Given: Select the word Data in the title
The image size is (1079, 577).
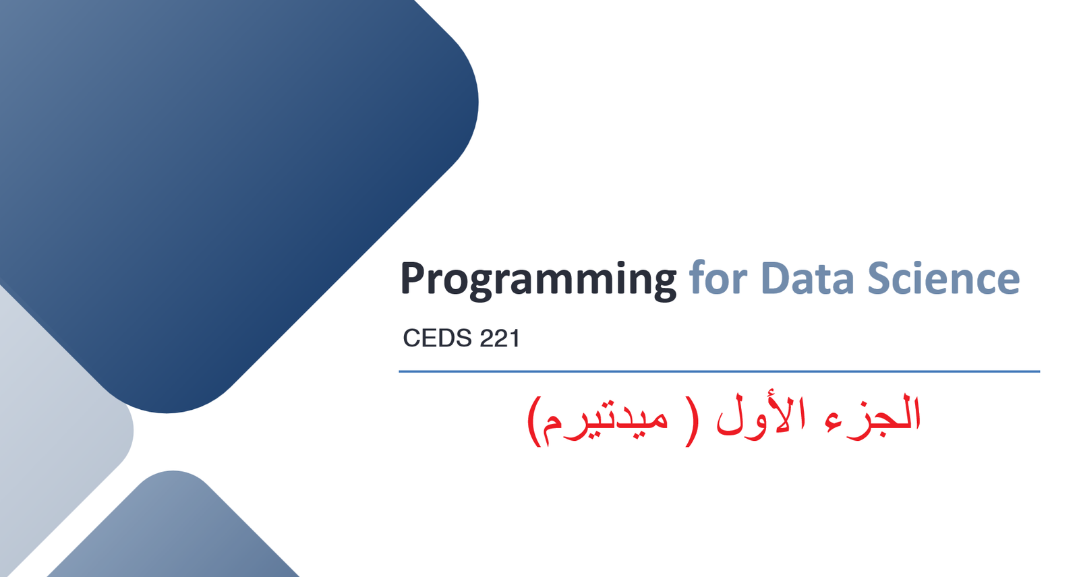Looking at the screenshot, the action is point(807,278).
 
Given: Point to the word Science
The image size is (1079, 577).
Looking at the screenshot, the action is point(943,277).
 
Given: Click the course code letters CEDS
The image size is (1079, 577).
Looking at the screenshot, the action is point(437,338).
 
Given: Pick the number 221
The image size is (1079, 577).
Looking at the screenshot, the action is point(500,338).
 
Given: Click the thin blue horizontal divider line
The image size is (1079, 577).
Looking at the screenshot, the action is point(719,371).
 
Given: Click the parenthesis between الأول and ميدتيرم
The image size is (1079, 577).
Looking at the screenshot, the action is point(692,421).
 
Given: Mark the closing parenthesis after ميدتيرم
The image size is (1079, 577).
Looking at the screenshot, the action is point(533,421).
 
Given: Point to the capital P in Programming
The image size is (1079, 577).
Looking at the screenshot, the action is point(414,278).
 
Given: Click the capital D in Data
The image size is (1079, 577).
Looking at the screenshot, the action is point(777,278).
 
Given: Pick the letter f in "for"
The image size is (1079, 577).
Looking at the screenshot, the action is point(697,276).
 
